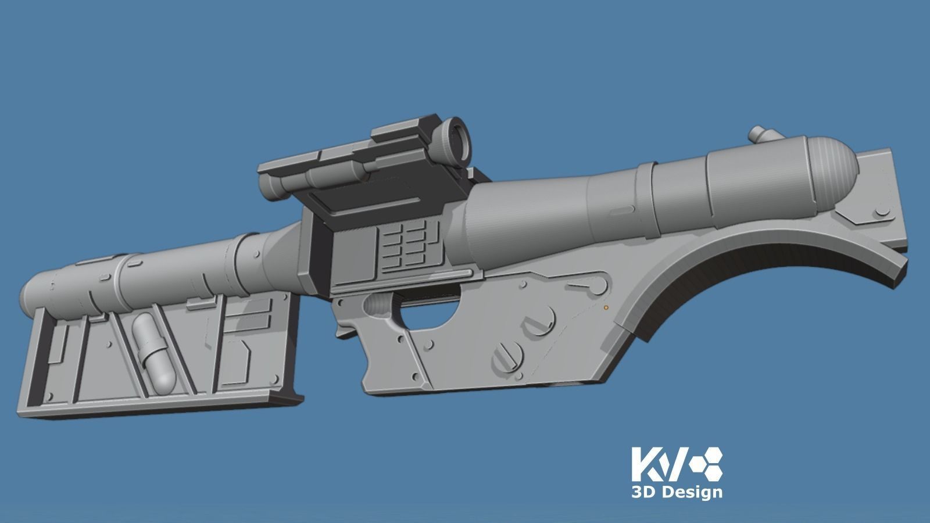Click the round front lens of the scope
pos(456,135)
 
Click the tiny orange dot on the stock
pos(606,306)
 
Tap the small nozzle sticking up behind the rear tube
pos(759,134)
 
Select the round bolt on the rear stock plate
pos(885,213)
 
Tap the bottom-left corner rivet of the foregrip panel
pos(50,397)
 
